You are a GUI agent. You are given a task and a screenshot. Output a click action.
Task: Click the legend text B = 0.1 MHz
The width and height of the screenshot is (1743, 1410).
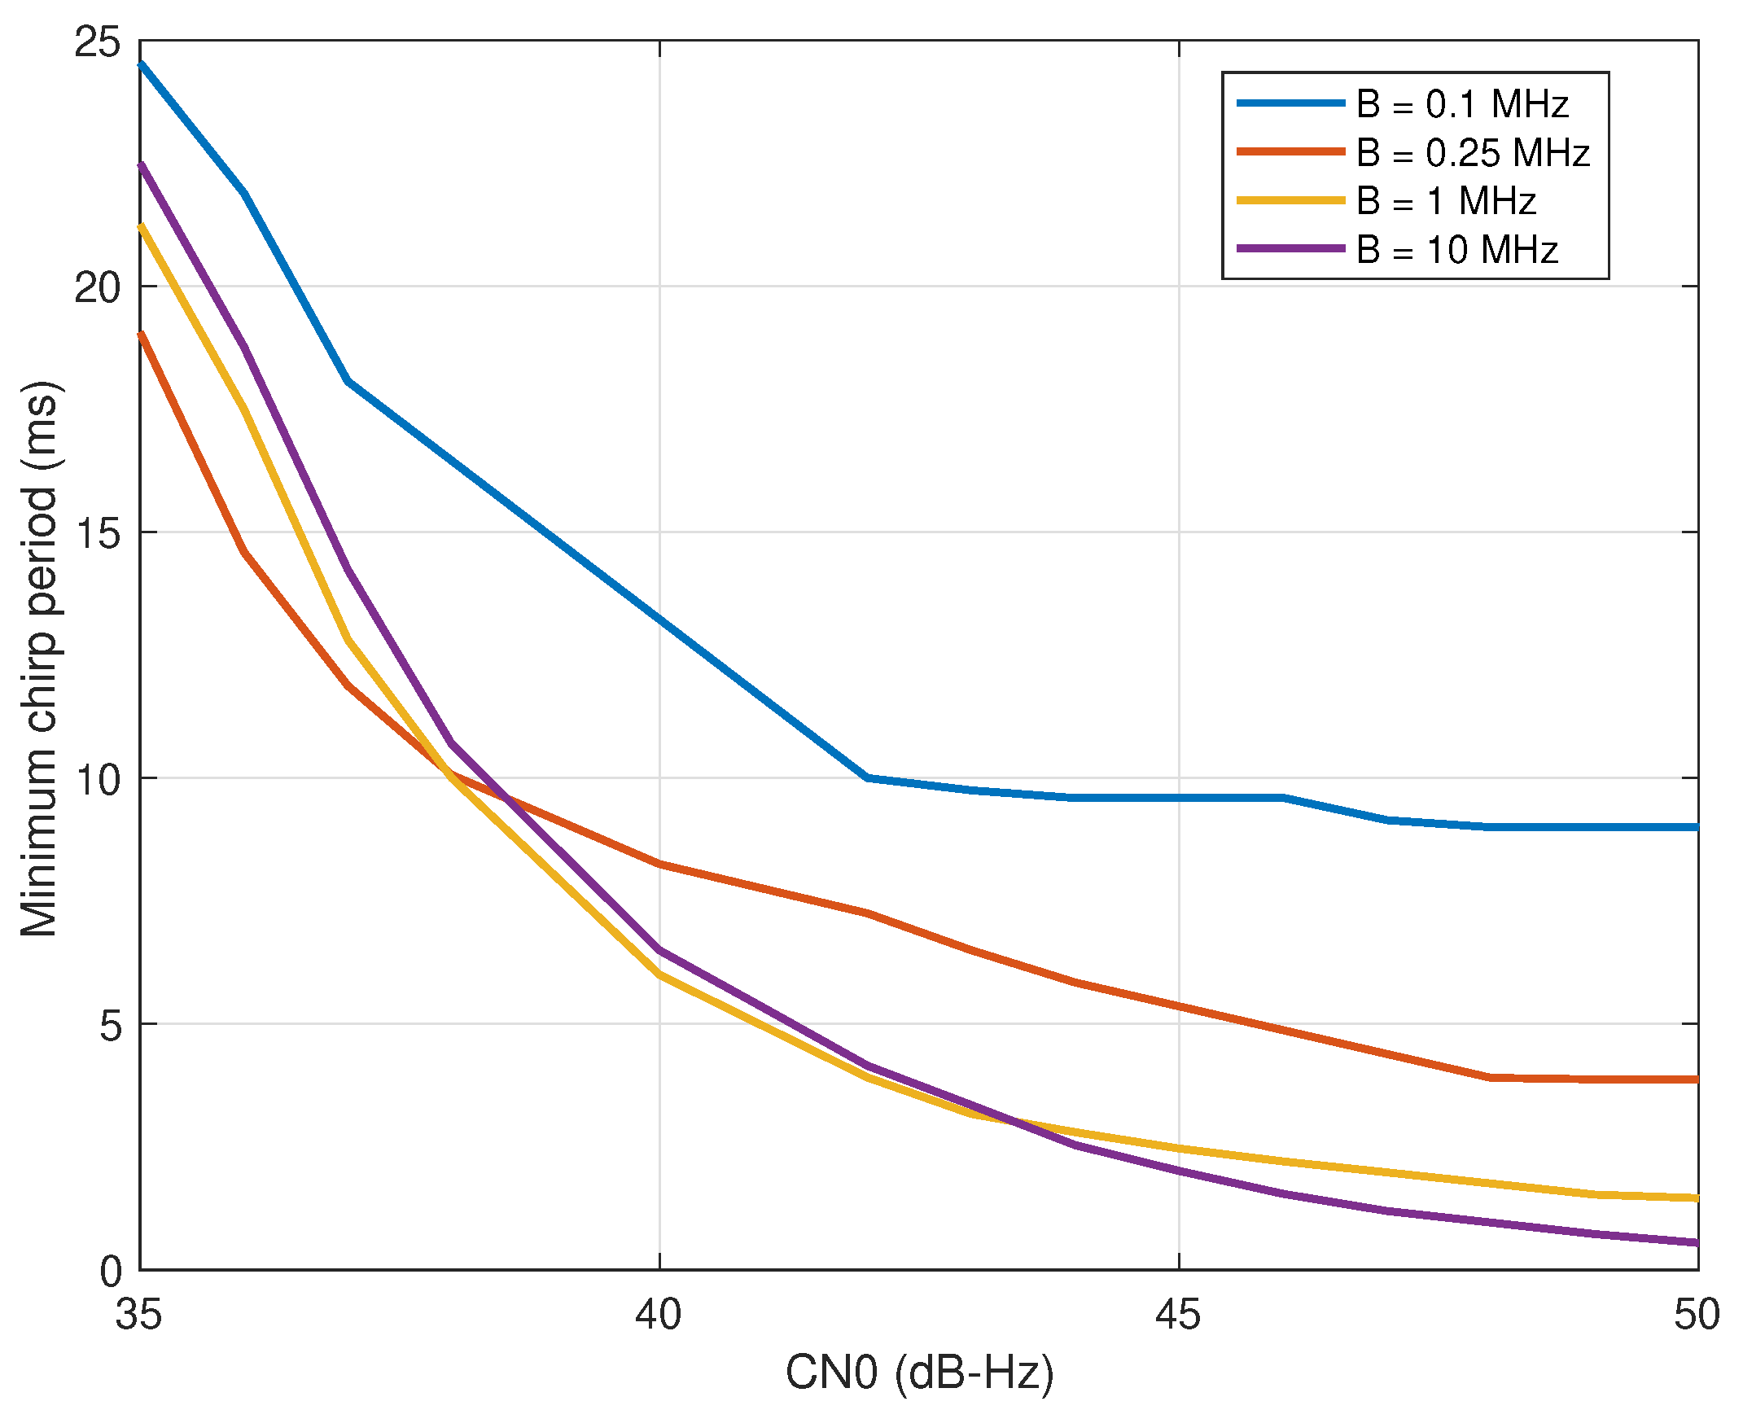(x=1461, y=104)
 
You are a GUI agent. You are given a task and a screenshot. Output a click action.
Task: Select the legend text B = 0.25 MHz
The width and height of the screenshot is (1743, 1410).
(x=1472, y=153)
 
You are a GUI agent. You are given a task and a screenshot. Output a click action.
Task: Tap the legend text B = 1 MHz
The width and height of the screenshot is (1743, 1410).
(x=1445, y=201)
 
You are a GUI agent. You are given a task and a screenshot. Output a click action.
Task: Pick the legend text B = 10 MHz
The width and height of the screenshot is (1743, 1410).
(x=1456, y=249)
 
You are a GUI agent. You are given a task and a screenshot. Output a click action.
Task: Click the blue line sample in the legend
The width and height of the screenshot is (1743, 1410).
(x=1290, y=103)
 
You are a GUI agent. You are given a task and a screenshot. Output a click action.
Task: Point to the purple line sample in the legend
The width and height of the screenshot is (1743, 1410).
(x=1290, y=248)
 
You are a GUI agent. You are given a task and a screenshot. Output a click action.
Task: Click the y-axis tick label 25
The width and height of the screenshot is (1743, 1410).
(x=97, y=41)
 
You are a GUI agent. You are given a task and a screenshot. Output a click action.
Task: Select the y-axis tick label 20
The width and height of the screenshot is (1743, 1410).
(x=97, y=287)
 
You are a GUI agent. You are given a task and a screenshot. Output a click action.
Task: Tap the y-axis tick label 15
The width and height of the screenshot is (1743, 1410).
(x=97, y=532)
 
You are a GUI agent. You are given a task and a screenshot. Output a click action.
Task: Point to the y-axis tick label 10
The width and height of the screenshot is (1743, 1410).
(x=97, y=779)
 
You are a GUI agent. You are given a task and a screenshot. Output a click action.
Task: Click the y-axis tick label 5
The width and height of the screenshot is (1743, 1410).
(x=110, y=1025)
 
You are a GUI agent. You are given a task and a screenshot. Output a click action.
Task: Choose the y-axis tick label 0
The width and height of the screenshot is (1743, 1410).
(x=110, y=1271)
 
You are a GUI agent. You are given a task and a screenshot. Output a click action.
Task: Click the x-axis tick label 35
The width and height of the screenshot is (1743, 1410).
(x=138, y=1314)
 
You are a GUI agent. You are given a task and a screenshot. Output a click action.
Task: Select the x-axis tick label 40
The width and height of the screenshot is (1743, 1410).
(x=659, y=1314)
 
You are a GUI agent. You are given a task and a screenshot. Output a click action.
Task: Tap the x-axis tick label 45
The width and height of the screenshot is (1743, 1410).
(x=1178, y=1314)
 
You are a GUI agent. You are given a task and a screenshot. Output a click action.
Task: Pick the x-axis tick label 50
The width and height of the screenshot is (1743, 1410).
(x=1697, y=1314)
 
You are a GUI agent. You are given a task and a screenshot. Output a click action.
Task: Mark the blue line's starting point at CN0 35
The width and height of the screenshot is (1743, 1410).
(x=141, y=63)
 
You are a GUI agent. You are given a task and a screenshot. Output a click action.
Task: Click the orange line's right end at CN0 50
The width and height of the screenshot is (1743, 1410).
(x=1697, y=1079)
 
